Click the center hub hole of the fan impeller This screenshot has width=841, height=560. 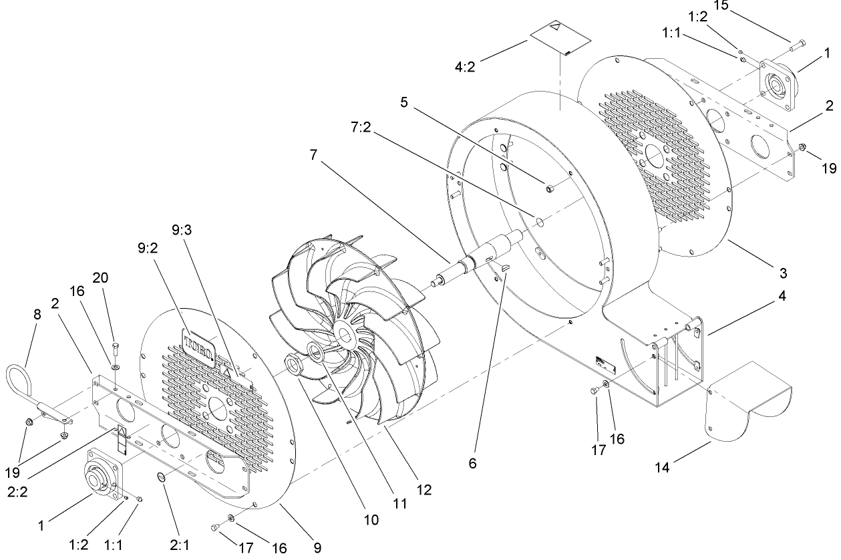(348, 332)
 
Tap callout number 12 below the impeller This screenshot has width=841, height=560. (424, 490)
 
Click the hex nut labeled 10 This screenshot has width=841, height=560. (294, 364)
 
